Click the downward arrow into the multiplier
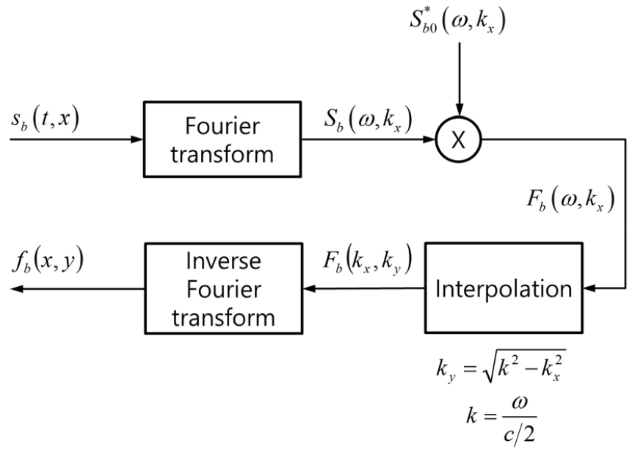(x=457, y=110)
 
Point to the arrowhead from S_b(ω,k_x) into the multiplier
(x=432, y=138)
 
